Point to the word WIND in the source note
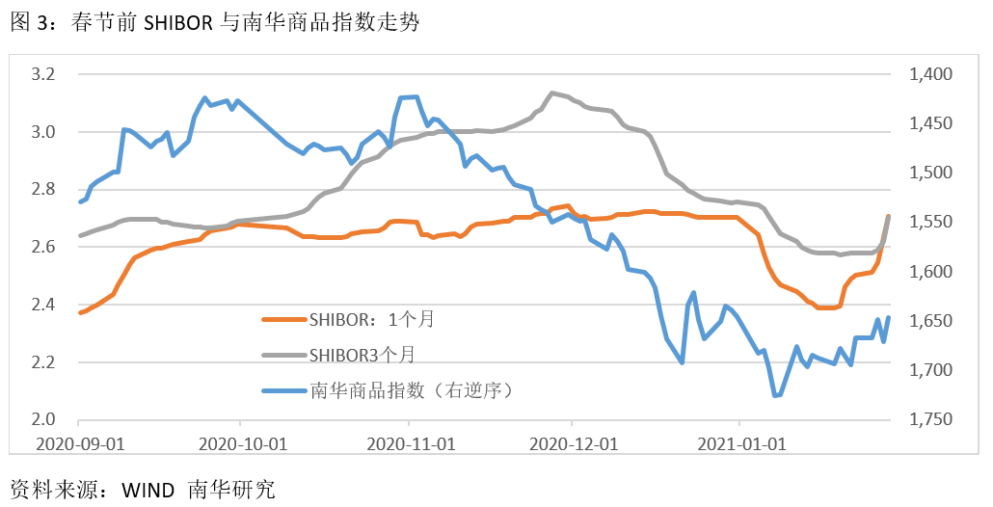(148, 488)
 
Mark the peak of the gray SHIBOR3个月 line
(551, 93)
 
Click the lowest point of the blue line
(775, 395)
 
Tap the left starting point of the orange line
(79, 312)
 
